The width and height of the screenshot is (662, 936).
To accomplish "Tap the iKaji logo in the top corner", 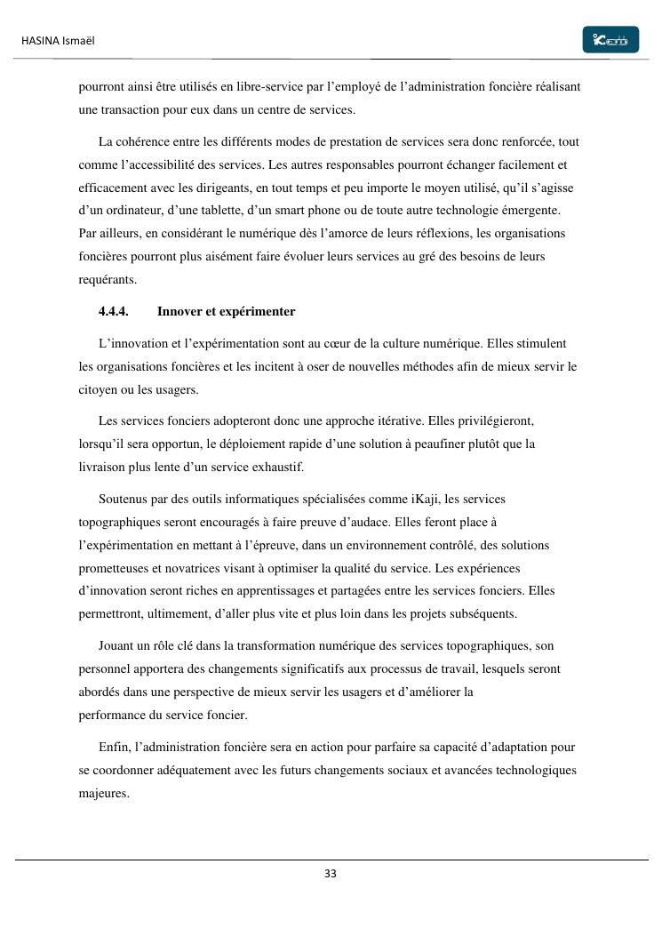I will (x=610, y=40).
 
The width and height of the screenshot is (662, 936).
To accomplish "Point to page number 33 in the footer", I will (x=331, y=874).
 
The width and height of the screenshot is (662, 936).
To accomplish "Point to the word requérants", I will (x=106, y=280).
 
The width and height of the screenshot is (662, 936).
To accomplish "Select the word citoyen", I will (x=98, y=389).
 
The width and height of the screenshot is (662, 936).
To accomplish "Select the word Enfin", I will (x=115, y=747).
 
